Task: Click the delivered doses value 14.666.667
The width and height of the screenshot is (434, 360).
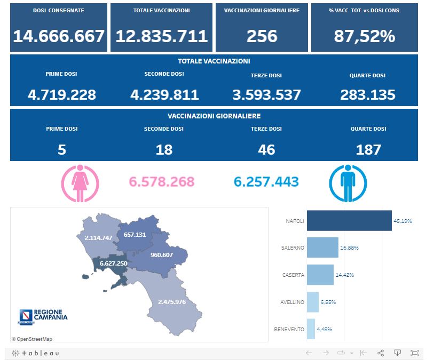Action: coord(59,36)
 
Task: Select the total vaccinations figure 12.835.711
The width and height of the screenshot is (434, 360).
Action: coord(161,36)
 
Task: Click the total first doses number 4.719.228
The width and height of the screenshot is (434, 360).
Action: coord(62,95)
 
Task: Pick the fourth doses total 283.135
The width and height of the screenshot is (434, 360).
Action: coord(368,95)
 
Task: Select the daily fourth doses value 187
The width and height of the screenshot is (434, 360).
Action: coord(368,150)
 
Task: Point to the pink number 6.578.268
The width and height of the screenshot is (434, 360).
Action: coord(162,182)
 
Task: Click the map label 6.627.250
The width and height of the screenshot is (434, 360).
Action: coord(113,263)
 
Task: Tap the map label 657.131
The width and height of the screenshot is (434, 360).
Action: coord(135,235)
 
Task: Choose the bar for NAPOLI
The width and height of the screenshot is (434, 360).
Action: coord(349,221)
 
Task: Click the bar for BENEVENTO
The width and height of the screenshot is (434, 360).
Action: coord(311,329)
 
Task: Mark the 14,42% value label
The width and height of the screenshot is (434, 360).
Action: coord(344,275)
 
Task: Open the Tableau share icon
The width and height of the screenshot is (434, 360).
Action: coord(381,353)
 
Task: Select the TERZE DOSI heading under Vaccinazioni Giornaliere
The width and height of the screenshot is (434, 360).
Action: coord(266,129)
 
